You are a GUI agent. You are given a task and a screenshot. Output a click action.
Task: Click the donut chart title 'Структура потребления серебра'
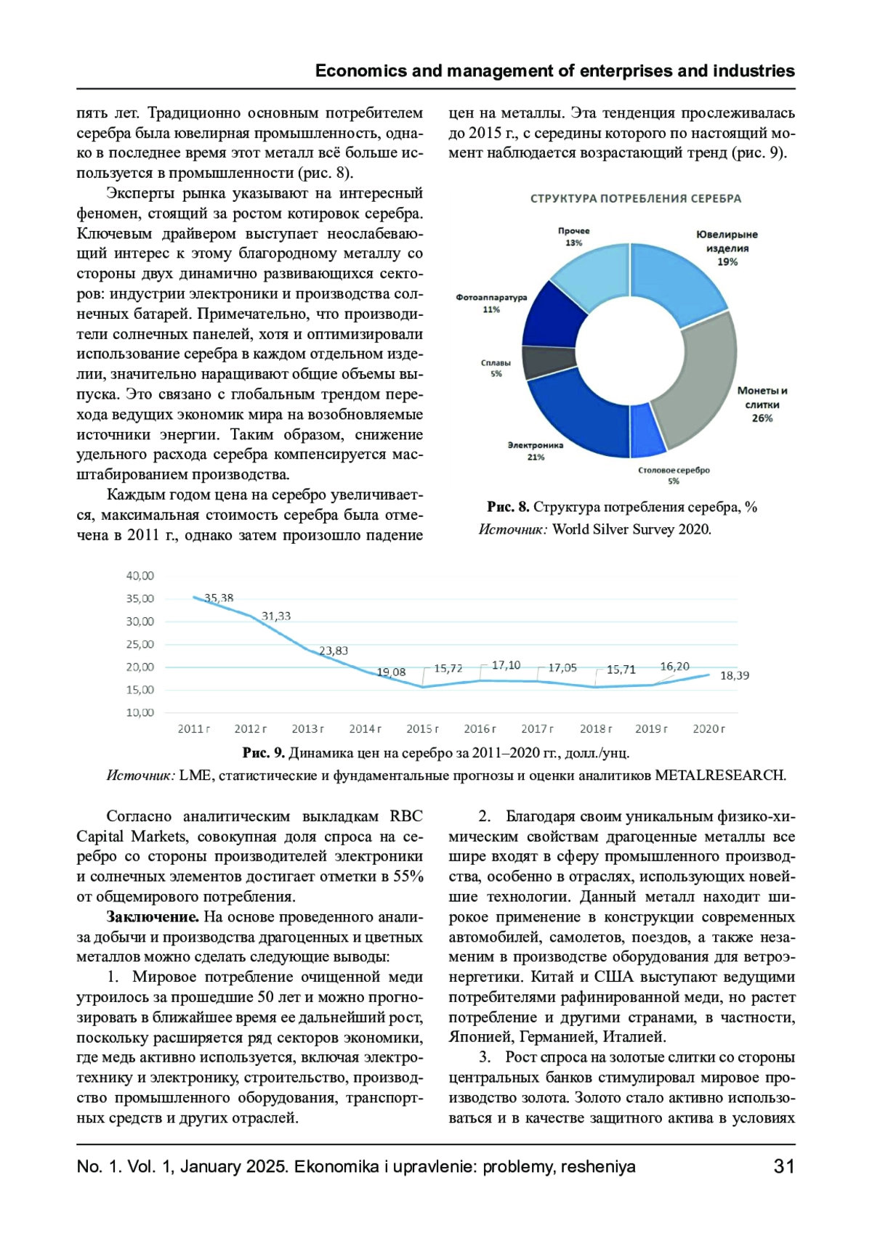[635, 198]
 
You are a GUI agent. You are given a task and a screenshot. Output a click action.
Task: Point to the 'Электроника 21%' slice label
[536, 450]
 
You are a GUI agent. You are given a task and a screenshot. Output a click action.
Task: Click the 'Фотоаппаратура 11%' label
[491, 304]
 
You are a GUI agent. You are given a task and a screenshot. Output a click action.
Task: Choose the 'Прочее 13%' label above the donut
[574, 237]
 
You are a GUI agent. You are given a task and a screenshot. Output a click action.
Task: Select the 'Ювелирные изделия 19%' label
[727, 248]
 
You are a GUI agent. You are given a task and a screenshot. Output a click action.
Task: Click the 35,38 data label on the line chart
[219, 598]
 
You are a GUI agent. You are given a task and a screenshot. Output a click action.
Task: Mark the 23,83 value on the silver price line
[334, 651]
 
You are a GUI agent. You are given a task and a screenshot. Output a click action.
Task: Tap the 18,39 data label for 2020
[735, 675]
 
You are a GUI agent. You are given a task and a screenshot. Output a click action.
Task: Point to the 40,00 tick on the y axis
[140, 576]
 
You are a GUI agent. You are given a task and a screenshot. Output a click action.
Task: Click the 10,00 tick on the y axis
[140, 712]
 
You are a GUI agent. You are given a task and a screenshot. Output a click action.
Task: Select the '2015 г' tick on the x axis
[422, 728]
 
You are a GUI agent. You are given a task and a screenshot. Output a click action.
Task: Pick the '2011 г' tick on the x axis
[193, 728]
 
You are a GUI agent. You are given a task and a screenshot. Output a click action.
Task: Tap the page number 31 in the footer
[784, 1166]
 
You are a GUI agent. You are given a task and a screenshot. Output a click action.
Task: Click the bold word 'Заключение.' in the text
[153, 917]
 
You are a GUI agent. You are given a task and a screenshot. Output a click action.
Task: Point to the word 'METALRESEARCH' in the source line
[719, 775]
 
